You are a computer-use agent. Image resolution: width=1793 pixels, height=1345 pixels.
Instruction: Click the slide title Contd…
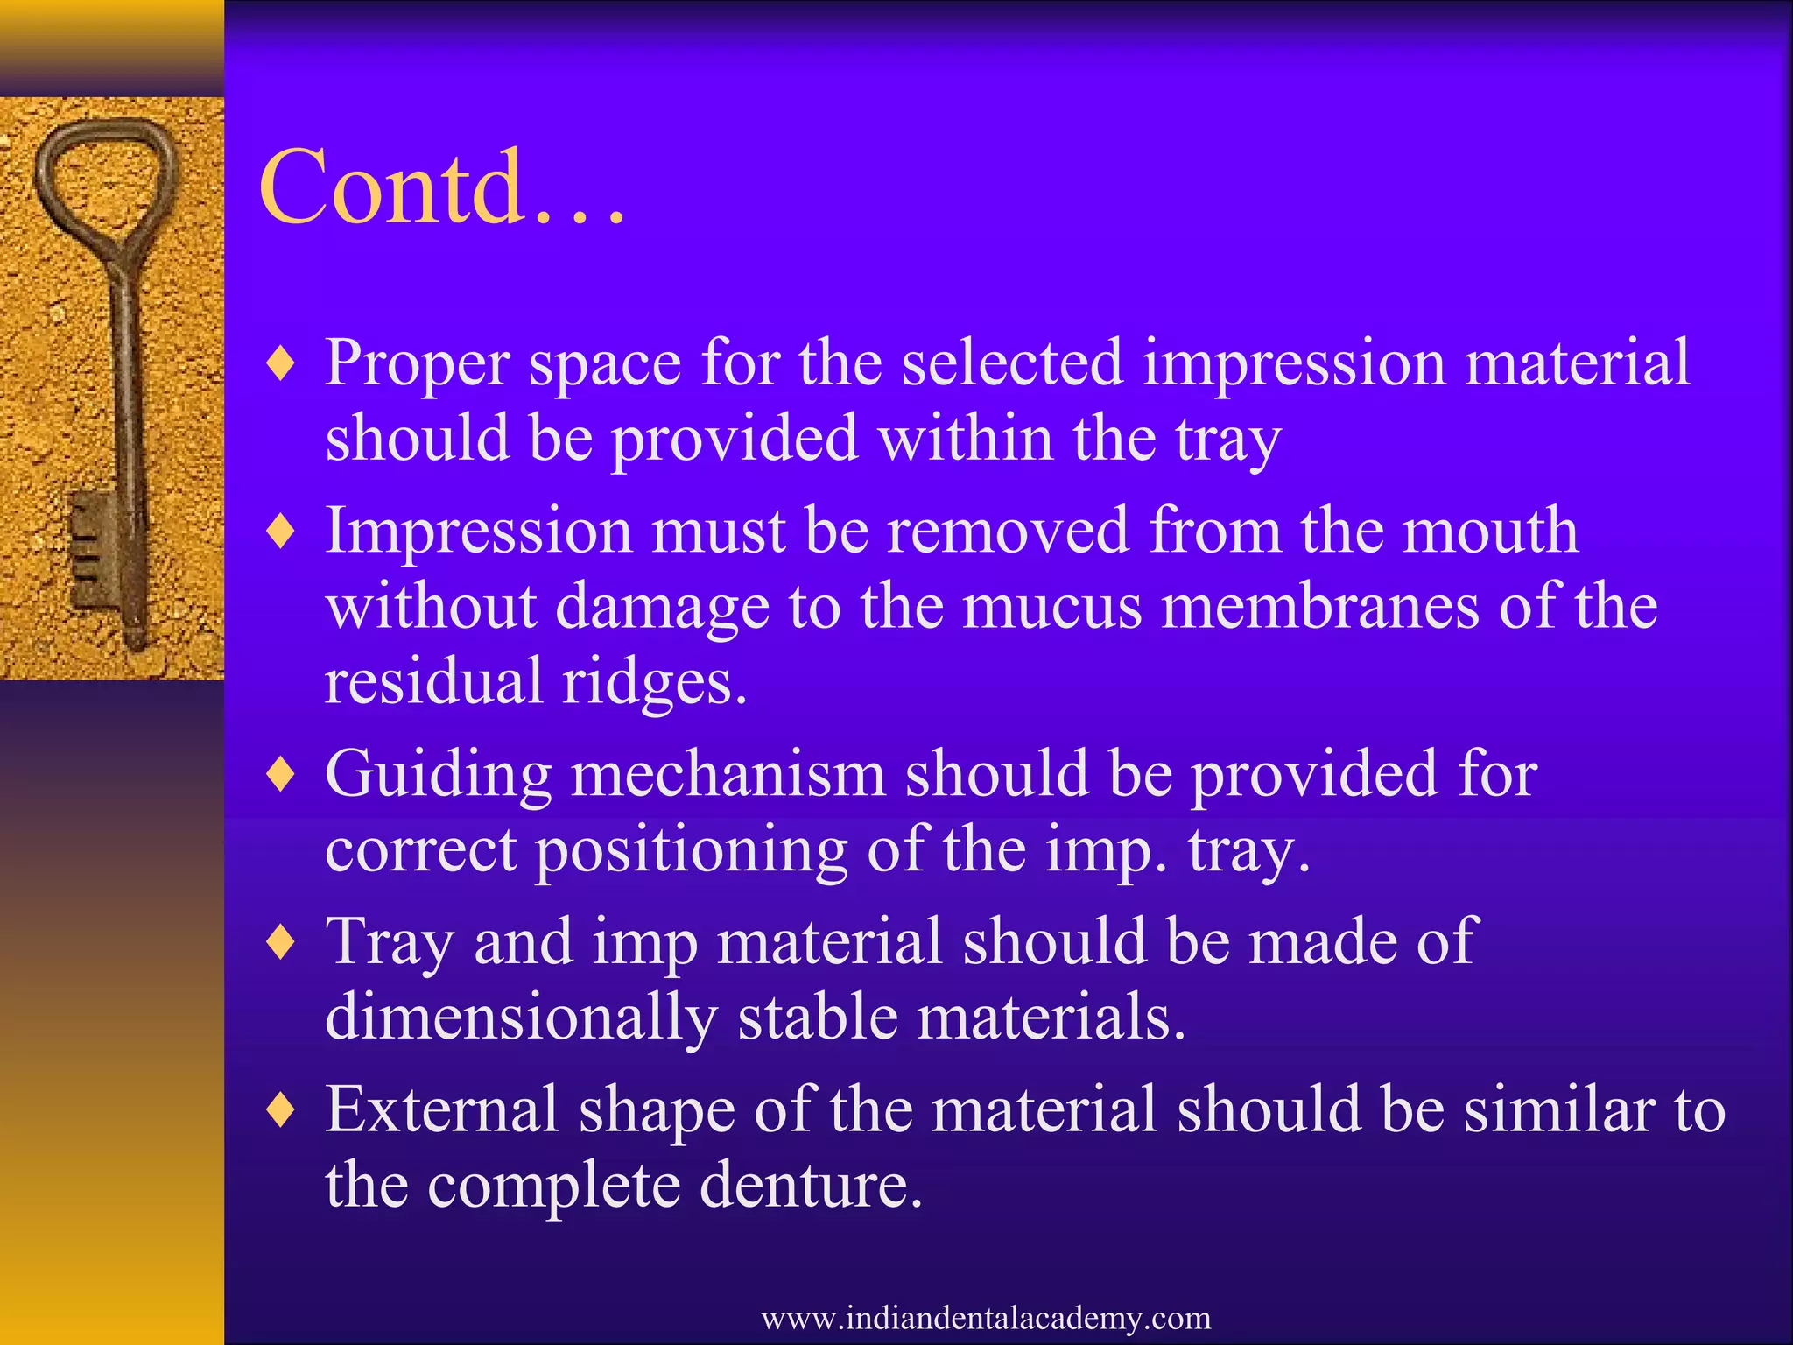tap(442, 187)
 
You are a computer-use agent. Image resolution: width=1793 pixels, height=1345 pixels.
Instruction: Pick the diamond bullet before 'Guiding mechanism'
tap(281, 774)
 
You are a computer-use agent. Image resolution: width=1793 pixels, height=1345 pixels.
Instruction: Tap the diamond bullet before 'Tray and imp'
tap(281, 942)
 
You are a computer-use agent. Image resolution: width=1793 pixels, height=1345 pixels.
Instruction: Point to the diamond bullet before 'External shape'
tap(281, 1110)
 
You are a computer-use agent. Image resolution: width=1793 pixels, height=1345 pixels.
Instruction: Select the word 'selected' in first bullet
tap(1012, 363)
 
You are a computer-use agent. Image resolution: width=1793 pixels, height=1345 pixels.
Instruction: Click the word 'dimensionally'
tap(521, 1018)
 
